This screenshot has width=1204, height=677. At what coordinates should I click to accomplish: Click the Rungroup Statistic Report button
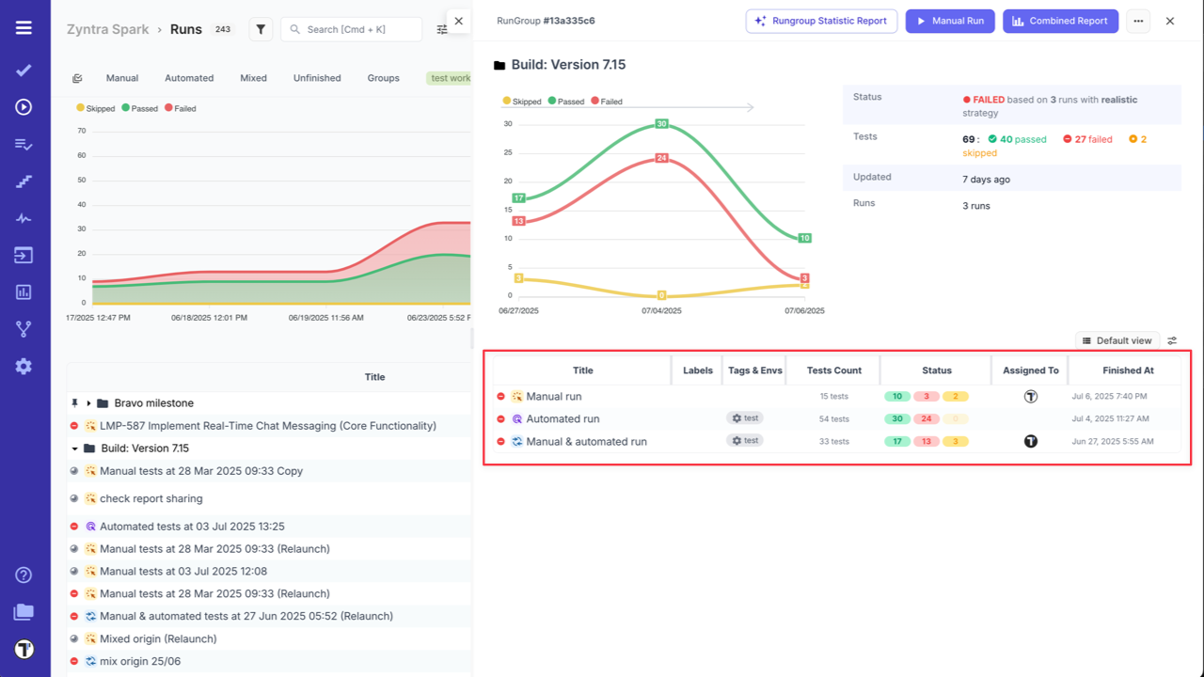coord(821,21)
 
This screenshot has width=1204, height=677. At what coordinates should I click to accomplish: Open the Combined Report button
coord(1060,21)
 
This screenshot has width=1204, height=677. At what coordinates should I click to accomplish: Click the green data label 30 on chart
coord(661,124)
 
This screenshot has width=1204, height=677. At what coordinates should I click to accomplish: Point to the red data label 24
coord(661,158)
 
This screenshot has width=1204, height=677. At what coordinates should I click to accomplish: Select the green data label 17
coord(518,198)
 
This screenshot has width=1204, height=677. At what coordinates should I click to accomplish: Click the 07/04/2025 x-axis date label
coord(661,310)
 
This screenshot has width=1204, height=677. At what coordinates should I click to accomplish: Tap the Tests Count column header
coord(833,370)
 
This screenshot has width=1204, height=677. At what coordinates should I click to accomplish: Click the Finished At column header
coord(1128,370)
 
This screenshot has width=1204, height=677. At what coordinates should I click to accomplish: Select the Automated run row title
coord(562,419)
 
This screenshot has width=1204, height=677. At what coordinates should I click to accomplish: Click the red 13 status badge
coord(927,442)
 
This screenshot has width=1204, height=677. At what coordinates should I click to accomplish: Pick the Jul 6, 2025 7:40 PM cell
coord(1109,397)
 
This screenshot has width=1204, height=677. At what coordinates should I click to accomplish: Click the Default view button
coord(1117,340)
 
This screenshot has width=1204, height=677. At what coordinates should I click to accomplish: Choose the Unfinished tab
coord(317,78)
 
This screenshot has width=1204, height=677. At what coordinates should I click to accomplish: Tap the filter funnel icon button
coord(261,30)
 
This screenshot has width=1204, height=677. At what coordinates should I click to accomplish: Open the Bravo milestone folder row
coord(153,403)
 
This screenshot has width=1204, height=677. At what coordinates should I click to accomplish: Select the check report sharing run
coord(150,499)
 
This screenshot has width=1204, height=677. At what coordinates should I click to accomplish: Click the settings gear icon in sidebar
coord(24,367)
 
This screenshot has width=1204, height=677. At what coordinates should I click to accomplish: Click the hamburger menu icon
coord(24,28)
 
